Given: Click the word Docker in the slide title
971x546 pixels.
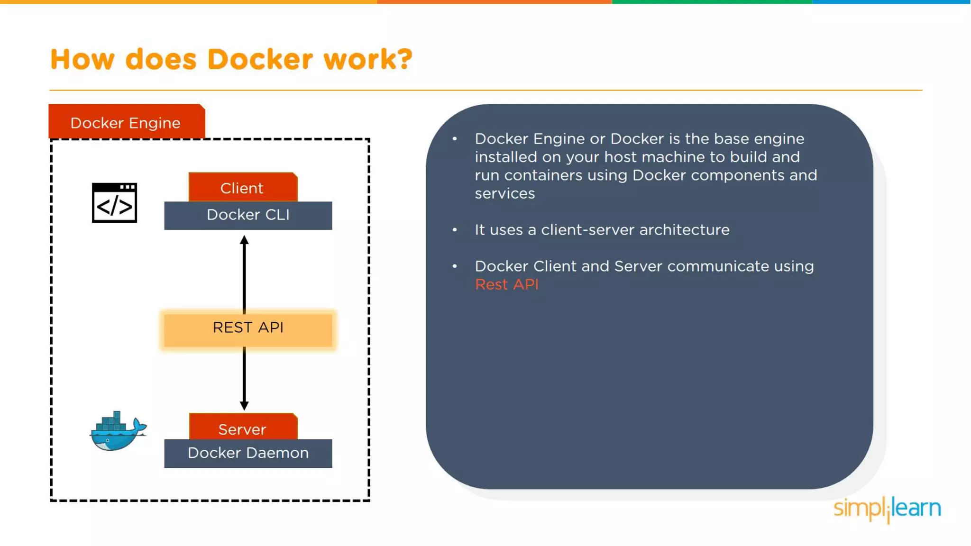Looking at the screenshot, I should (260, 60).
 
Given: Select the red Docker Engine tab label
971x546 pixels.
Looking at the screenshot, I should (126, 122).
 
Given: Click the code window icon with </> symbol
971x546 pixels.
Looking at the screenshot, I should (114, 203).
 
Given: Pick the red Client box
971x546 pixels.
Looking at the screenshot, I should (242, 188).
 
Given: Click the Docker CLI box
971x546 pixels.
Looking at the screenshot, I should (248, 215).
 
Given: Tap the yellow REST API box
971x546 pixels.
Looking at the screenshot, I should (248, 328).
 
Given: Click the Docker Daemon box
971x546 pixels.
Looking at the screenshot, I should (248, 454).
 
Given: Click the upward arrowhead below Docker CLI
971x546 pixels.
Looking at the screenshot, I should (244, 240).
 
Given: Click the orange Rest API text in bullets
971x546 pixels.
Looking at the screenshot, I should (506, 284).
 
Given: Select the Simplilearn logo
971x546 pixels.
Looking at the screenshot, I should (887, 509).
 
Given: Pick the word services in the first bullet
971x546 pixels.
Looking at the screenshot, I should (504, 194).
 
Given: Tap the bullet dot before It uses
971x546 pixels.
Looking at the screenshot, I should (455, 230).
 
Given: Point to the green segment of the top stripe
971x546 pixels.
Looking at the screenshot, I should (711, 2).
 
